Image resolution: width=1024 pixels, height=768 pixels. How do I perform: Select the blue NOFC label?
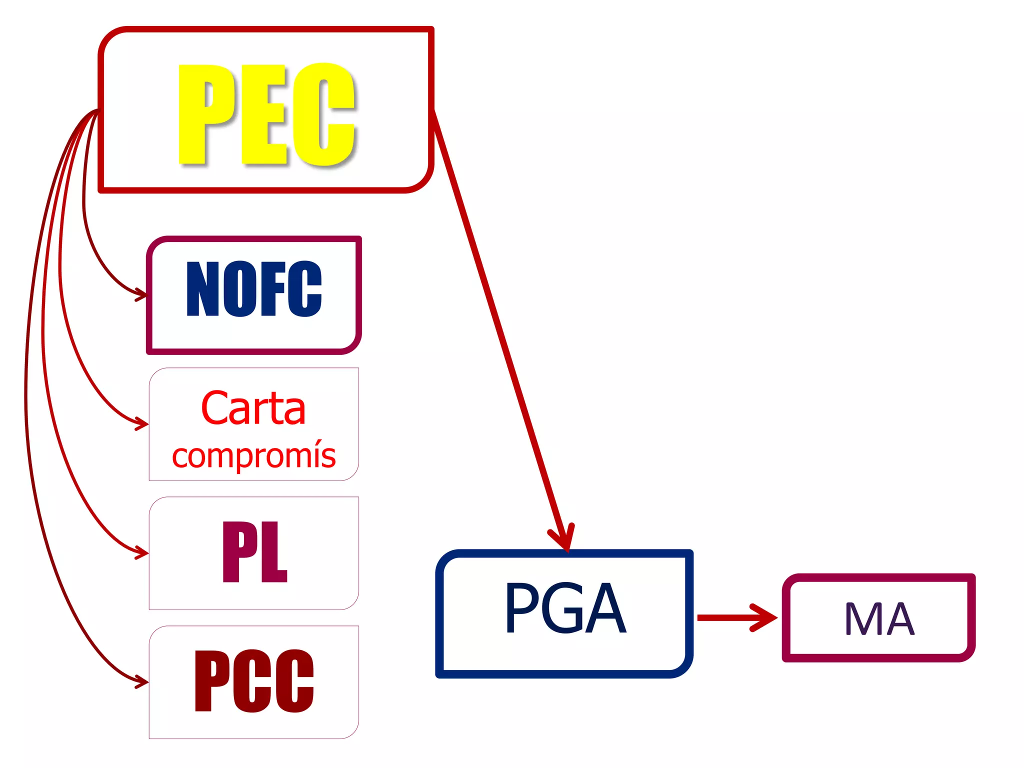(254, 289)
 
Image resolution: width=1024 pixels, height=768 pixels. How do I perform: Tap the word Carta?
(253, 408)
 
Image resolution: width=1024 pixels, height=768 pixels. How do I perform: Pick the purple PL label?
(254, 551)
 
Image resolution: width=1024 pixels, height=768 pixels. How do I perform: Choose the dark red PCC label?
(254, 681)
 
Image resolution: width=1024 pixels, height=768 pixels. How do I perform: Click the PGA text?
(565, 607)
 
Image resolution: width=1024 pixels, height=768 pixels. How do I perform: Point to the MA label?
(879, 618)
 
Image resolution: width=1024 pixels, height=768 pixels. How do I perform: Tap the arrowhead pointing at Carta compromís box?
(142, 423)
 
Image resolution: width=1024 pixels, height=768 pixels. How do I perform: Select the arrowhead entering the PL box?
(142, 552)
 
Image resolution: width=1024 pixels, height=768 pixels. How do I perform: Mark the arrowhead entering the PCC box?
(142, 681)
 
